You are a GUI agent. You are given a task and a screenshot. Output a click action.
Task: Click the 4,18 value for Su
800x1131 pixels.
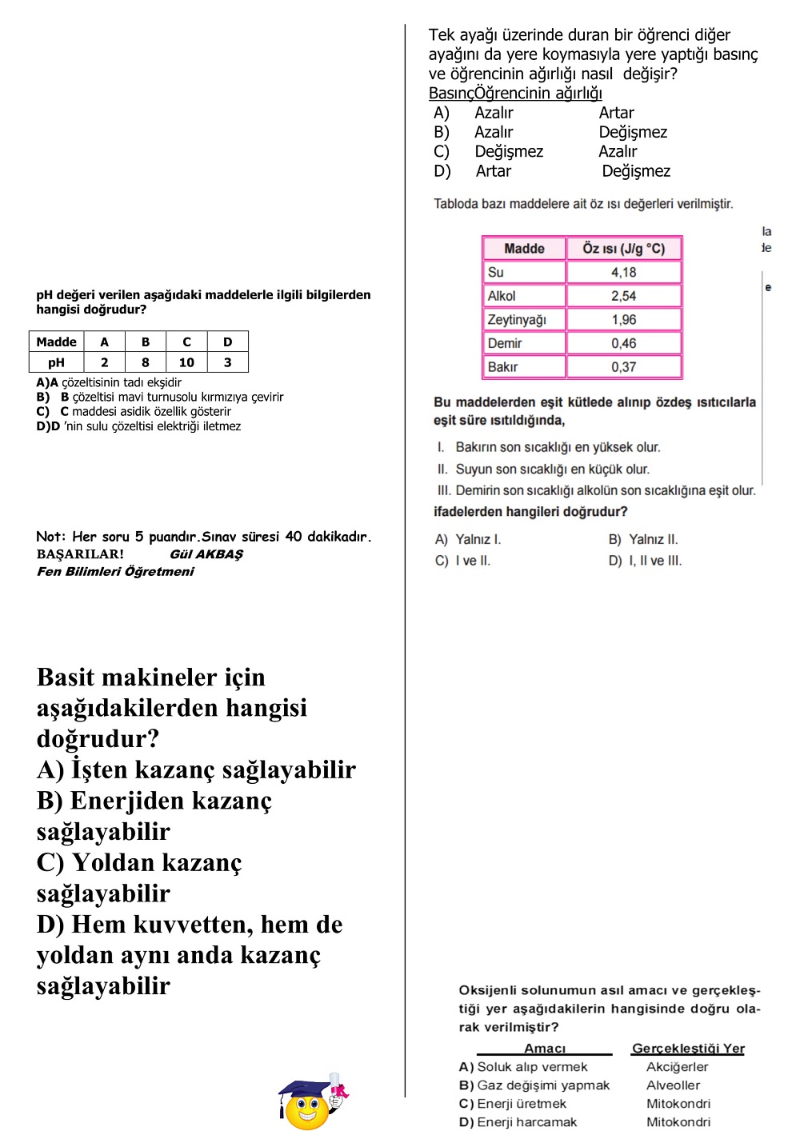point(623,272)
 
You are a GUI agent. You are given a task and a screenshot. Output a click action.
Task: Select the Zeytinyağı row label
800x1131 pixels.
point(517,319)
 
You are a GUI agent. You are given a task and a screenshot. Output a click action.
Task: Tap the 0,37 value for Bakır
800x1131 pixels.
point(623,366)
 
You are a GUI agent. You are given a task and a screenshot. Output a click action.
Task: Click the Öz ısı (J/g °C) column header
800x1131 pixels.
point(623,248)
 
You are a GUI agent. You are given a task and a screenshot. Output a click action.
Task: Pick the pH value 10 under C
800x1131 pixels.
point(186,362)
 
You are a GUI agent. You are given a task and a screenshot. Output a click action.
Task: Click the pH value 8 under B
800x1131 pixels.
point(146,362)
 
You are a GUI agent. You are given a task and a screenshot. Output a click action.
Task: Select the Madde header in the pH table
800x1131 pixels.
point(56,342)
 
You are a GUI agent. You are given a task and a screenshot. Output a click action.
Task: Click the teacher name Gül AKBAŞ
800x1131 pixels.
point(206,554)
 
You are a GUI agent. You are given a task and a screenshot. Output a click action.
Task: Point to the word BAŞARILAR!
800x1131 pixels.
point(80,554)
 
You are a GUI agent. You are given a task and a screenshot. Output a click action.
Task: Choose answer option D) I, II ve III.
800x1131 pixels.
point(645,561)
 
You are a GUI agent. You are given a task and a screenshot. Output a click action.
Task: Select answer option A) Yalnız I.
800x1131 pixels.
point(468,539)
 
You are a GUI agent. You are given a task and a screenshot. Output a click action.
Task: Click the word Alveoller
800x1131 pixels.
point(673,1085)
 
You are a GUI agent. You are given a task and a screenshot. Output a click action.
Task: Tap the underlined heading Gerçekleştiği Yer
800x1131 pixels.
point(688,1048)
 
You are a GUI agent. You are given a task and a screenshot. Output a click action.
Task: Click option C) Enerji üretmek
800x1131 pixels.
point(513,1104)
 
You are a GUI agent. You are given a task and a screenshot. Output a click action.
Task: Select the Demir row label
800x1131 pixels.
point(505,343)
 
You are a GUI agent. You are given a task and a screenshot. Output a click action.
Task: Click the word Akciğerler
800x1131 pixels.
point(677,1067)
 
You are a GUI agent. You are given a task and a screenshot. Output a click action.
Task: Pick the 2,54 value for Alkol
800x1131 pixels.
point(623,296)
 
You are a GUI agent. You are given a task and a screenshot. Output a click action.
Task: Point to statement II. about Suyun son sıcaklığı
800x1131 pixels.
point(544,469)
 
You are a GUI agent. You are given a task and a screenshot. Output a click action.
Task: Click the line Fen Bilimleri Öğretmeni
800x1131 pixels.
point(115,571)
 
